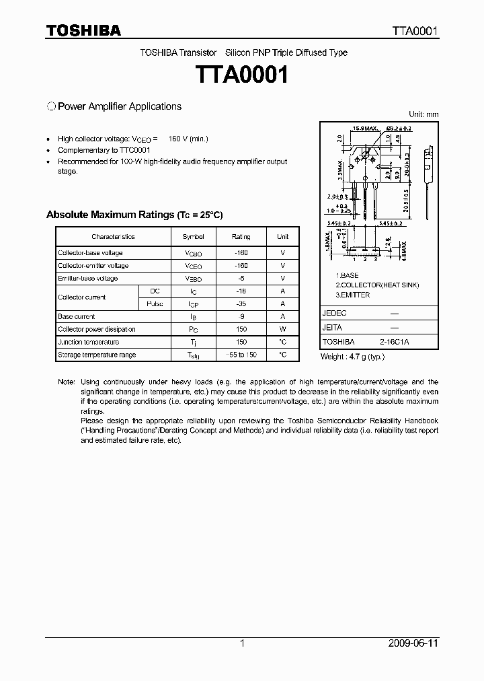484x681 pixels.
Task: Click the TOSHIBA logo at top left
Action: coord(83,30)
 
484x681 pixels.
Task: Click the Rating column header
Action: coord(241,237)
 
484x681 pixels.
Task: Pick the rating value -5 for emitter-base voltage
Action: coord(241,279)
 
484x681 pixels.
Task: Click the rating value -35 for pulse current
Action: coord(241,304)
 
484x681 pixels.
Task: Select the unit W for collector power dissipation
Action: coord(283,330)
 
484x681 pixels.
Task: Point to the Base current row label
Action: coord(77,317)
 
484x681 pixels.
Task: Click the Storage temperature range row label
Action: coord(97,355)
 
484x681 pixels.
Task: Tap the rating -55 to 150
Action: coord(241,355)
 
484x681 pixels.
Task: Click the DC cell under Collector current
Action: coord(155,291)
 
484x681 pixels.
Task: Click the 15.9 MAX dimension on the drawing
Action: coord(364,128)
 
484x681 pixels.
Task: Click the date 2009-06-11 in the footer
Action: coord(413,643)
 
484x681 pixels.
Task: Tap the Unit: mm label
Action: coord(424,114)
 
